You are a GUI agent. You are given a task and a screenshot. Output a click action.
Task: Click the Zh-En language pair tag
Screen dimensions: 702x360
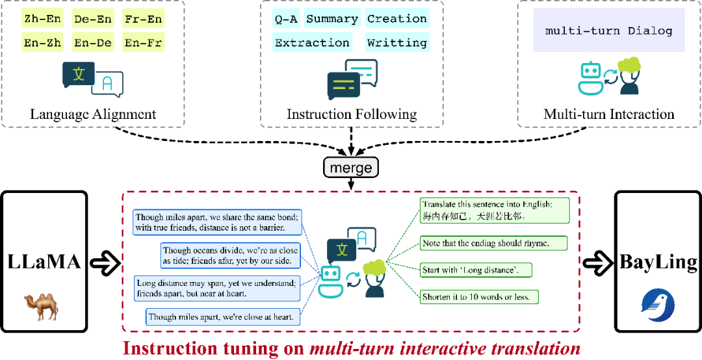click(x=42, y=19)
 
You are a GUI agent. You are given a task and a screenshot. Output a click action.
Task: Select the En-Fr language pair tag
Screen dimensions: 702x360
click(x=143, y=42)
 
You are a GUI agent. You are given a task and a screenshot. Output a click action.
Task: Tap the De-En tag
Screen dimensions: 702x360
click(x=92, y=19)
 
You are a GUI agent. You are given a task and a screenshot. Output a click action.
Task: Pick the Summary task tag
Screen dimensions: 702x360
click(x=332, y=19)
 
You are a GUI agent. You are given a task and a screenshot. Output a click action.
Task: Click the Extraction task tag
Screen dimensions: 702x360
click(x=312, y=42)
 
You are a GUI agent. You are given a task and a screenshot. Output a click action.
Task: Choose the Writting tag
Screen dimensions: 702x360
click(x=397, y=42)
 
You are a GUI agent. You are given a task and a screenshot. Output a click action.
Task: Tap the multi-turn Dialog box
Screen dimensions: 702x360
click(x=609, y=31)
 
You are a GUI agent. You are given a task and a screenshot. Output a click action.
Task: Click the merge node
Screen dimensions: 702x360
click(x=351, y=168)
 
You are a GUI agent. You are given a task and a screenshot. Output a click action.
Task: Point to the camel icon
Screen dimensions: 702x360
click(x=41, y=307)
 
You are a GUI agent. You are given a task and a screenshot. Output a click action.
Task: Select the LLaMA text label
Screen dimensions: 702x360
click(x=44, y=263)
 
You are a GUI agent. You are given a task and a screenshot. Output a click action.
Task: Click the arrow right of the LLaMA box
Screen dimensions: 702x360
click(x=105, y=263)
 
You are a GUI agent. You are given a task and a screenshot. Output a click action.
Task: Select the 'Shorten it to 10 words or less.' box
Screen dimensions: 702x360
click(x=478, y=296)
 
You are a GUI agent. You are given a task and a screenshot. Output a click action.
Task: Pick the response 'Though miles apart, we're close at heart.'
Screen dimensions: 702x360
click(x=222, y=316)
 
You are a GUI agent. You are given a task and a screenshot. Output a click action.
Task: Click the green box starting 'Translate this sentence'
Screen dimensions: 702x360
click(x=494, y=210)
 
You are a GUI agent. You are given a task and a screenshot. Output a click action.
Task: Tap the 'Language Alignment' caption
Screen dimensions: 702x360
click(x=93, y=114)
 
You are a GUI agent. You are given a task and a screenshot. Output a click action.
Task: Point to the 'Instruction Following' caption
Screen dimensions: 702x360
click(x=352, y=114)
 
